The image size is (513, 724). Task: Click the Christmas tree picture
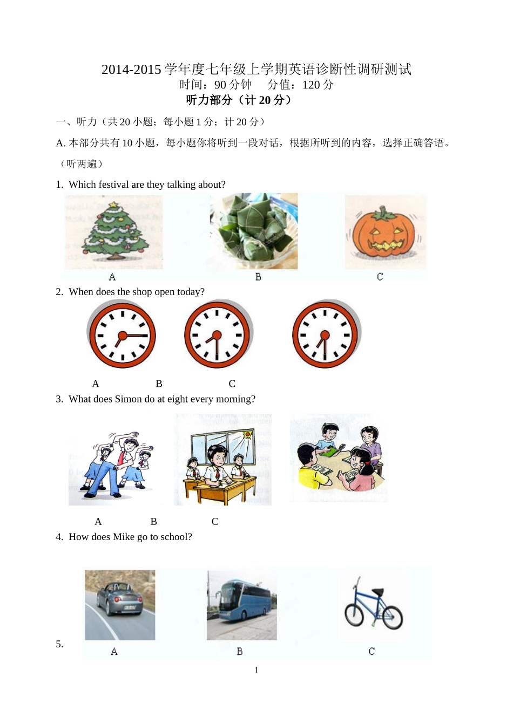coord(114,232)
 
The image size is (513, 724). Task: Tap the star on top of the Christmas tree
coord(113,205)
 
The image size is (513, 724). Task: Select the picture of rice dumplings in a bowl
coord(254,231)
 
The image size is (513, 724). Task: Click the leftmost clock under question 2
coord(122,336)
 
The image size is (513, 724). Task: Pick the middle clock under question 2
coord(217,335)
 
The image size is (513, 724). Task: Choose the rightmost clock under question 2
coord(325,334)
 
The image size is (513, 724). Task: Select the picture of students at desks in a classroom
coord(222,460)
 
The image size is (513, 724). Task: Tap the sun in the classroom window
coord(248,434)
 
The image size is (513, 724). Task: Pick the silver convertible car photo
coord(120,605)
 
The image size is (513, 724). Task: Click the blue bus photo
coord(242,605)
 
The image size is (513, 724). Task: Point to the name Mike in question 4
coord(124,537)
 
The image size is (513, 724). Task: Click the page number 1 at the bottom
coord(256,671)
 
